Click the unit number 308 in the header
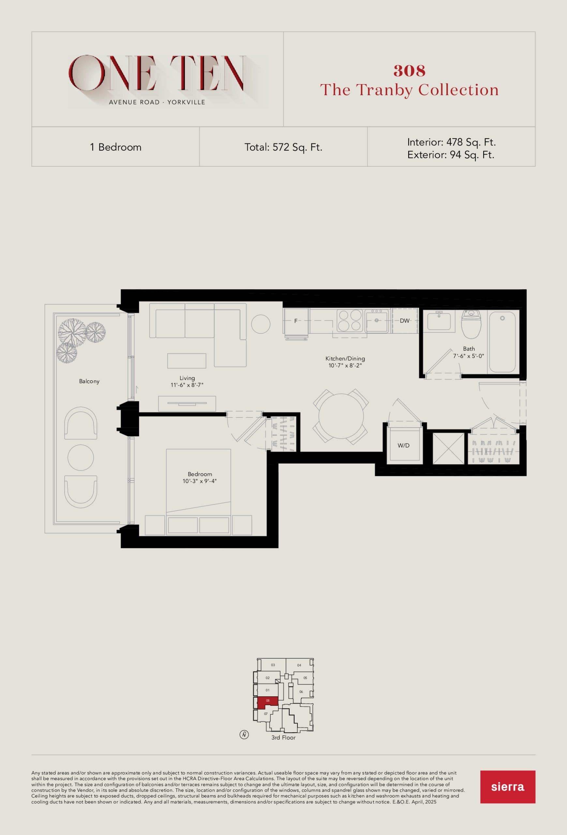coord(410,71)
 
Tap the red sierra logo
coord(507,786)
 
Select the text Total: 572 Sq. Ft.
coord(283,147)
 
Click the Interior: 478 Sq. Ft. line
coord(451,142)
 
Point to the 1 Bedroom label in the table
coord(116,147)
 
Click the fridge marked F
coord(296,321)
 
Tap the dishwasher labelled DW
coord(405,321)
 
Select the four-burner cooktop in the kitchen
coord(349,320)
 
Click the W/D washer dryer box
coord(404,445)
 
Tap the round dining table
coord(341,416)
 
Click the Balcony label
coord(89,381)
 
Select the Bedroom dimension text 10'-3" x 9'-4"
coord(200,481)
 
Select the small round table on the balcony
coord(81,457)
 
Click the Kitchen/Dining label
coord(345,358)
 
